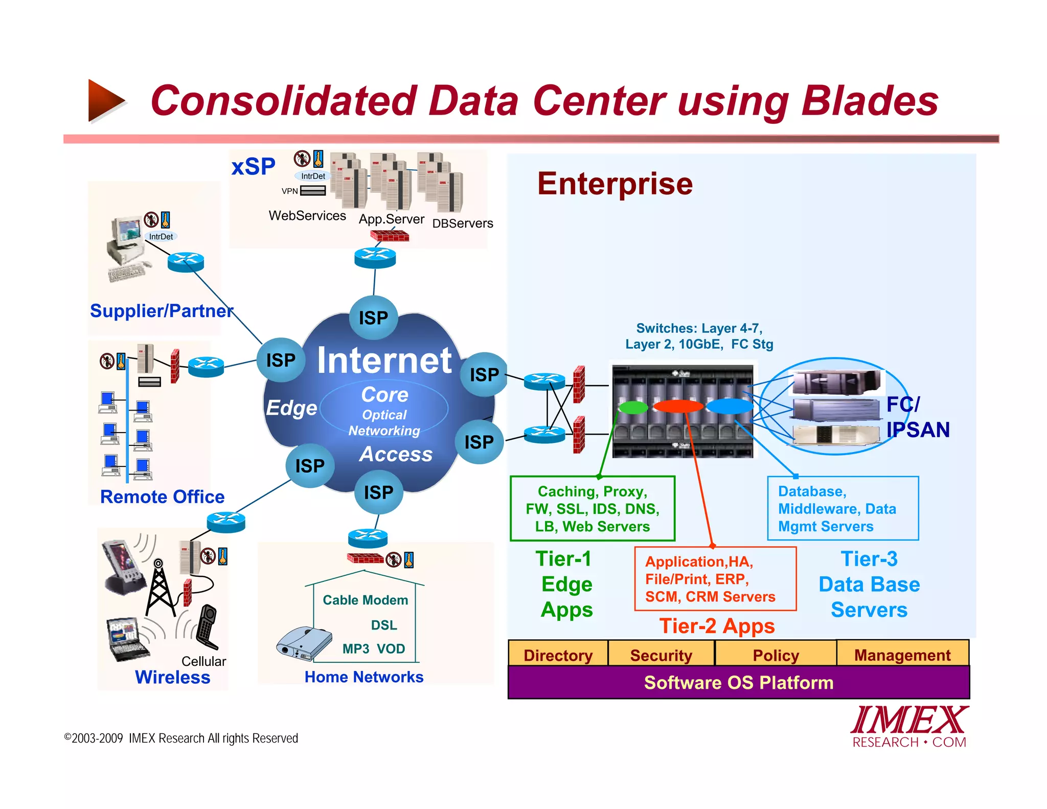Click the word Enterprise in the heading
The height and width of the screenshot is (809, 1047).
click(614, 184)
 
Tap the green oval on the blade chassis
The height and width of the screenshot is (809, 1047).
click(633, 407)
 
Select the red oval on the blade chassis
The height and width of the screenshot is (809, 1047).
click(678, 407)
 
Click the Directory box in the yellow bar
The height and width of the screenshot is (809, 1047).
click(558, 655)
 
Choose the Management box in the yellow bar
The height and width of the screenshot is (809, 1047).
click(902, 655)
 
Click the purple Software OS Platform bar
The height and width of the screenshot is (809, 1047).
click(738, 683)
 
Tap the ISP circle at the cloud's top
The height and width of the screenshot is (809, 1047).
click(373, 318)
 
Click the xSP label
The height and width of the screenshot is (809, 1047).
click(253, 167)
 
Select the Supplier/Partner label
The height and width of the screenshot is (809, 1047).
click(162, 311)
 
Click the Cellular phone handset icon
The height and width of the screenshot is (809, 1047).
click(207, 627)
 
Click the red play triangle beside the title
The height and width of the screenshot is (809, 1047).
click(105, 101)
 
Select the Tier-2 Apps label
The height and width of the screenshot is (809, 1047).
click(717, 626)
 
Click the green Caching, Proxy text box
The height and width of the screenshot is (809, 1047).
click(593, 509)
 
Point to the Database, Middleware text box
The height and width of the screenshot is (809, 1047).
click(843, 509)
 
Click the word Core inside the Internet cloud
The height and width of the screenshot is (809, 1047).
click(384, 395)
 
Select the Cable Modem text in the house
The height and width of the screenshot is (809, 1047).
click(365, 600)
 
